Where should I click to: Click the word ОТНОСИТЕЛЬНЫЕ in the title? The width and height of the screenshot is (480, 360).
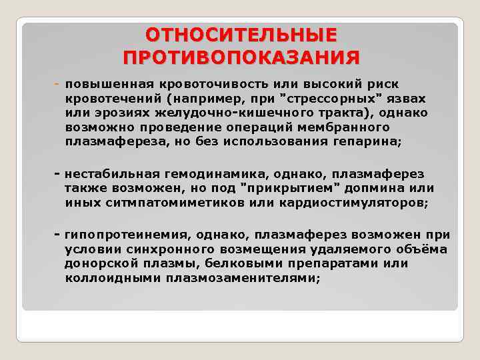241,35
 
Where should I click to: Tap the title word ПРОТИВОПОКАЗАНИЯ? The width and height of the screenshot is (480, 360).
241,57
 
